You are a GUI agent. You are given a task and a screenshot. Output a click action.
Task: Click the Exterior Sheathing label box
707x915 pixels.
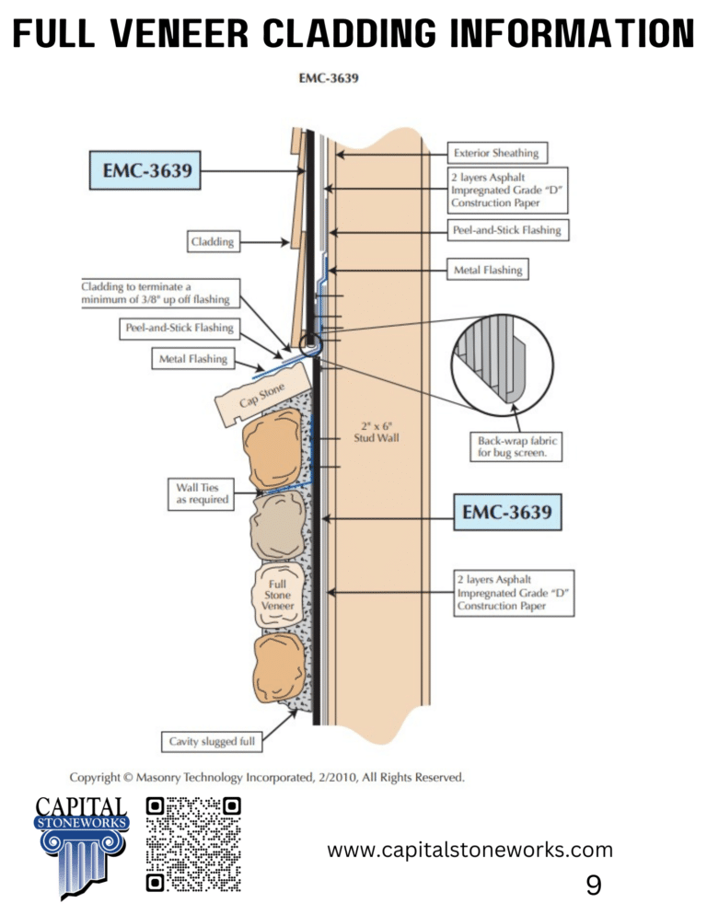(496, 152)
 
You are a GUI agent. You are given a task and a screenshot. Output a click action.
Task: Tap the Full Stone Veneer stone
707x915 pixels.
(278, 596)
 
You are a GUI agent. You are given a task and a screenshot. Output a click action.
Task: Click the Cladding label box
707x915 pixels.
(212, 242)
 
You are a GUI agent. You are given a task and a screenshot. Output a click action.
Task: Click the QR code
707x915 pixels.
(194, 844)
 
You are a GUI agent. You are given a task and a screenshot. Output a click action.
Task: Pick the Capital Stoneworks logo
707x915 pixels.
(81, 844)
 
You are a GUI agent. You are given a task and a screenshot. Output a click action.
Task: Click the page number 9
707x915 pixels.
(594, 885)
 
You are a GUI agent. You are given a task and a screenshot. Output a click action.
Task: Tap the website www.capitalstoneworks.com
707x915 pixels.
(469, 850)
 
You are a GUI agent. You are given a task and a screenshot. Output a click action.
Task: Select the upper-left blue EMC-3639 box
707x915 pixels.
(146, 170)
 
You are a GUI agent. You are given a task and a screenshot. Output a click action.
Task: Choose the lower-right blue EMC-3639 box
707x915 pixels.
(508, 511)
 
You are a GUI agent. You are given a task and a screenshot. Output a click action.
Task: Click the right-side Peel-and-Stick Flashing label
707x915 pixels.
(508, 230)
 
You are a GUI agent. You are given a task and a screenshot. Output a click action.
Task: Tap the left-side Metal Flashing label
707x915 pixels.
(189, 359)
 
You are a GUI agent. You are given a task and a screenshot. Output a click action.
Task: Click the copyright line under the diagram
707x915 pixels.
(267, 776)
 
